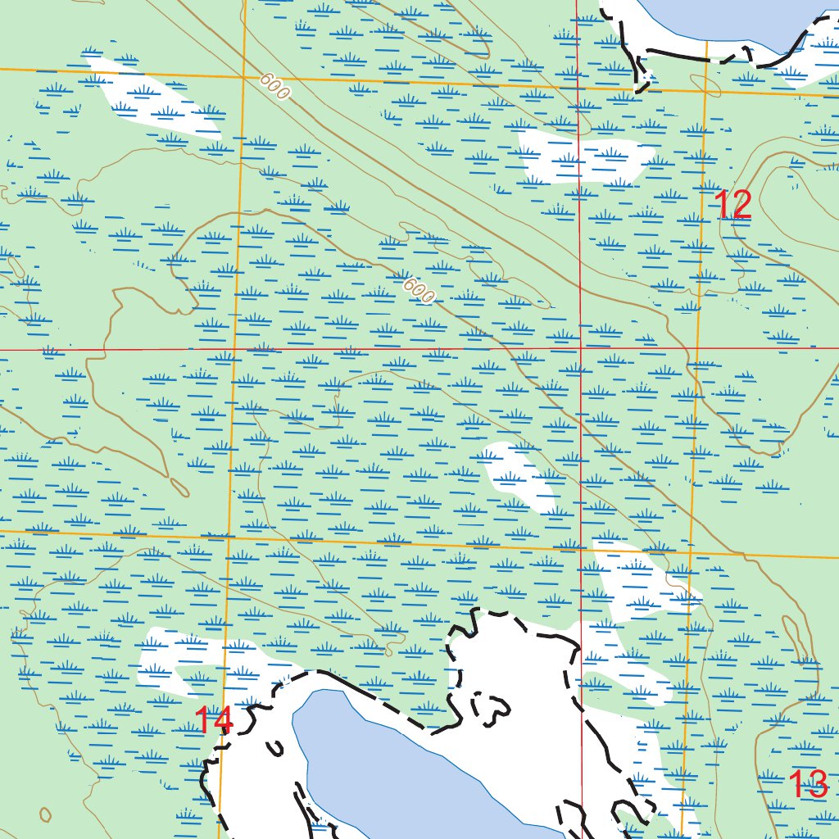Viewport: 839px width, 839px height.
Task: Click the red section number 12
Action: coord(733,205)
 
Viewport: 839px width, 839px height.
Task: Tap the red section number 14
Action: coord(214,721)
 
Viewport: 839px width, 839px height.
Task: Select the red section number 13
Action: coord(808,785)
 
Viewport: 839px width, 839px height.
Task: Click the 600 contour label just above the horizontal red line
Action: coord(419,290)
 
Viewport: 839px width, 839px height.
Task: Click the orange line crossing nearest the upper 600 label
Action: coord(243,76)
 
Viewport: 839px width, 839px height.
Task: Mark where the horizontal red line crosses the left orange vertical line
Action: coord(234,349)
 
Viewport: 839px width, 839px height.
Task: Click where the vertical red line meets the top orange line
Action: coord(578,85)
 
